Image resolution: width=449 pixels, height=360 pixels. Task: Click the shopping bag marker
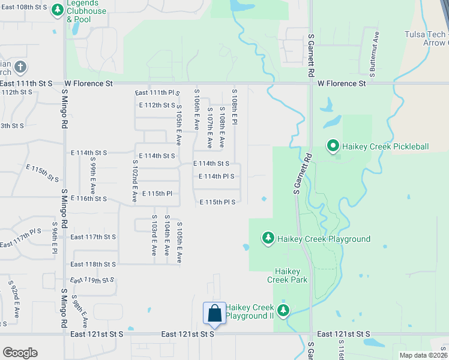point(215,313)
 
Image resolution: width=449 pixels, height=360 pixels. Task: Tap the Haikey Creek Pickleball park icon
point(333,146)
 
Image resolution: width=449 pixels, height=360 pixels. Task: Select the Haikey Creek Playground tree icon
point(268,239)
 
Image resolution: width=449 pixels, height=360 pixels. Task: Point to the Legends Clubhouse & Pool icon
point(58,10)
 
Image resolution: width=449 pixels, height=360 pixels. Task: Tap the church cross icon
point(20,66)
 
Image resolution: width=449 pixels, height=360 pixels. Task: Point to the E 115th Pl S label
point(217,202)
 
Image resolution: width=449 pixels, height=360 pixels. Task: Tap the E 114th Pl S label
point(216,176)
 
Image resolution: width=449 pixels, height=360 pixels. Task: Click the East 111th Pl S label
point(158,92)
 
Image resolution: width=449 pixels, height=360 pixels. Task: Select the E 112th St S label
point(157,105)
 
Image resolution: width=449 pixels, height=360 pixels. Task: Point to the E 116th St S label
point(88,198)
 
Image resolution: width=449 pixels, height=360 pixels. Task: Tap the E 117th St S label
point(92,237)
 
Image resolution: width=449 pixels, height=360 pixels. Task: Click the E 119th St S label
point(91,280)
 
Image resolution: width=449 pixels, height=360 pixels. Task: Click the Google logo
point(20,353)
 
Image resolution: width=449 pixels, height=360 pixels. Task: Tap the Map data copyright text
point(423,355)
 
